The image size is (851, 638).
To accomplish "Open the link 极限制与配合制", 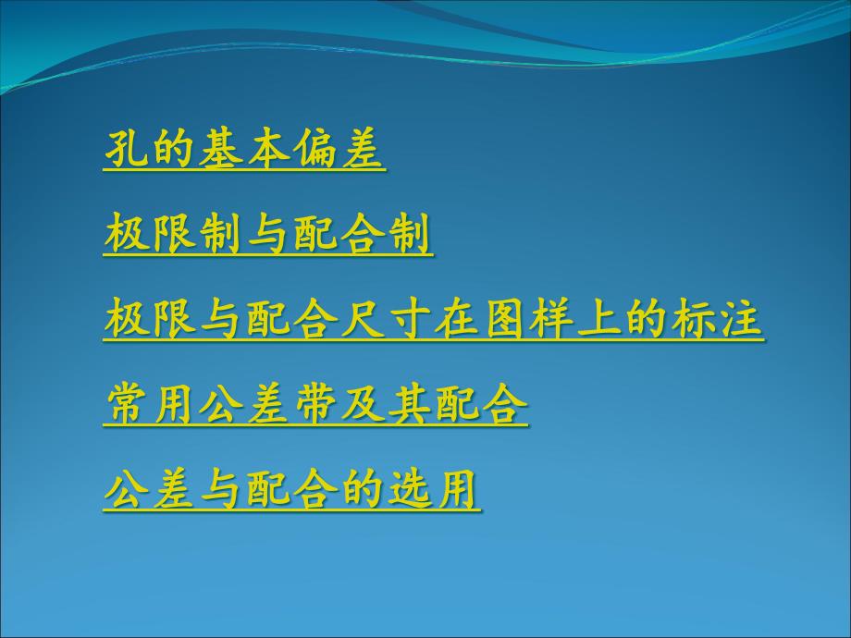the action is click(x=268, y=234).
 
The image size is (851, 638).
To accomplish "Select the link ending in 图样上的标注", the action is click(x=434, y=319).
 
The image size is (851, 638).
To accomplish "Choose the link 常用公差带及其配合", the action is click(x=315, y=404).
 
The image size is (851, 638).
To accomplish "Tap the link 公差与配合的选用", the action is click(x=292, y=489).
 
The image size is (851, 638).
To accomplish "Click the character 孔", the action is click(x=126, y=148).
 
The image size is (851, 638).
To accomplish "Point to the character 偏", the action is click(x=314, y=148).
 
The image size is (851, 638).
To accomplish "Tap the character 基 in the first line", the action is click(x=220, y=148).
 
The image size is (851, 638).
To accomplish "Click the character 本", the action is click(x=267, y=148).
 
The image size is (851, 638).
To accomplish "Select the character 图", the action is click(x=504, y=318).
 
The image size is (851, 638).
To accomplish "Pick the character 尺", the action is click(x=363, y=318).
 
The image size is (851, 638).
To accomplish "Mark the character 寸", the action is click(x=410, y=318).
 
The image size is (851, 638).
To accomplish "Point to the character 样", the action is click(x=551, y=318).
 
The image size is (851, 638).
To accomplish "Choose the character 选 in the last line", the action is click(x=410, y=487).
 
